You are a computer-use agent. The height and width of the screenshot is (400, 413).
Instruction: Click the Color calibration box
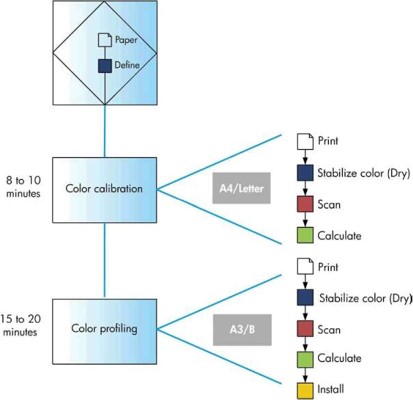click(105, 189)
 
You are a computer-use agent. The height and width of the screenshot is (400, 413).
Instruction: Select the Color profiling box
click(105, 329)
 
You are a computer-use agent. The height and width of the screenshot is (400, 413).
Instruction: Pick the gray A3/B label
click(241, 331)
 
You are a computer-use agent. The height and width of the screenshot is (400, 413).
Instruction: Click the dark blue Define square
click(105, 66)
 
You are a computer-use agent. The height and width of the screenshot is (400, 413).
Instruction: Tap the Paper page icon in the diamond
click(105, 40)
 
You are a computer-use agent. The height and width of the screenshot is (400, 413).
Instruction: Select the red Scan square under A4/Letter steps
click(304, 204)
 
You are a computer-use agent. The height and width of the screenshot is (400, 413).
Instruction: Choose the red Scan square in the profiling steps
click(304, 330)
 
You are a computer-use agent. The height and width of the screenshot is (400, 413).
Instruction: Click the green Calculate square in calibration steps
click(304, 236)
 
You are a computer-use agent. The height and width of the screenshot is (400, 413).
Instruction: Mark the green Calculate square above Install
click(304, 358)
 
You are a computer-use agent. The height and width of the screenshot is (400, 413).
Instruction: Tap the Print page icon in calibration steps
click(304, 142)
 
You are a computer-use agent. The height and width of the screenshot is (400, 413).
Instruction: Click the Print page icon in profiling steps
click(304, 268)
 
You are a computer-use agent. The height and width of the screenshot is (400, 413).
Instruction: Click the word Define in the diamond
click(126, 66)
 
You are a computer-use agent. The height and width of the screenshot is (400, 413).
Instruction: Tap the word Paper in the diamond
click(126, 40)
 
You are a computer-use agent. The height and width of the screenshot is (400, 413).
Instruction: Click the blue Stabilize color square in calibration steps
click(304, 172)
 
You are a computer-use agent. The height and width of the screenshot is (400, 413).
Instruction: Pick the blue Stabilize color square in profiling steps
click(304, 298)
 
